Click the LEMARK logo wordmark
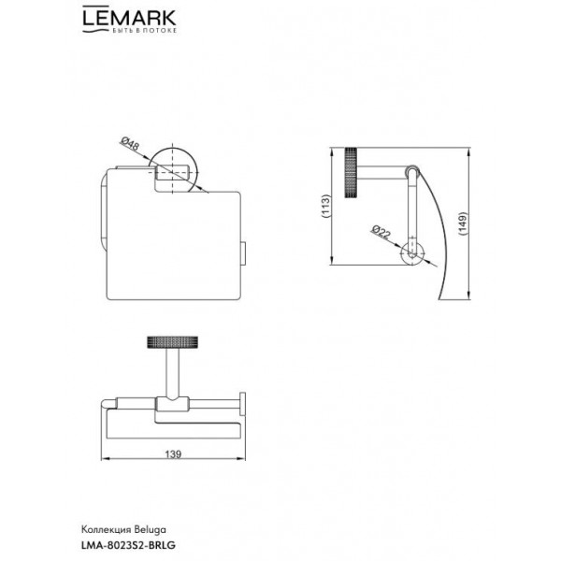pyautogui.click(x=129, y=17)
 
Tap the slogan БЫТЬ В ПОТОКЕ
pyautogui.click(x=145, y=31)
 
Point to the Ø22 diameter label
pyautogui.click(x=381, y=232)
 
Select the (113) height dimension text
pyautogui.click(x=325, y=207)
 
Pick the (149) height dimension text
pyautogui.click(x=463, y=224)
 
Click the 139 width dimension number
pyautogui.click(x=173, y=454)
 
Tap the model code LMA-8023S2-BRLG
pyautogui.click(x=128, y=545)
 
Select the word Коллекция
pyautogui.click(x=108, y=529)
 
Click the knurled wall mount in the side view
pyautogui.click(x=351, y=172)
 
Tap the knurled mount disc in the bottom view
pyautogui.click(x=172, y=342)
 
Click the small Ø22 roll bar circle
pyautogui.click(x=412, y=253)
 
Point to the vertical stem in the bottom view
pyautogui.click(x=172, y=373)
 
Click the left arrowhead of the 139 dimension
pyautogui.click(x=105, y=459)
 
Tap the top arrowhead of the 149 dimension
pyautogui.click(x=468, y=151)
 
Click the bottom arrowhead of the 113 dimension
pyautogui.click(x=332, y=261)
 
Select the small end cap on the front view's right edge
pyautogui.click(x=243, y=253)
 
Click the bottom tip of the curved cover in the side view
pyautogui.click(x=439, y=299)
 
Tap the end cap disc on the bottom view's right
pyautogui.click(x=242, y=404)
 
